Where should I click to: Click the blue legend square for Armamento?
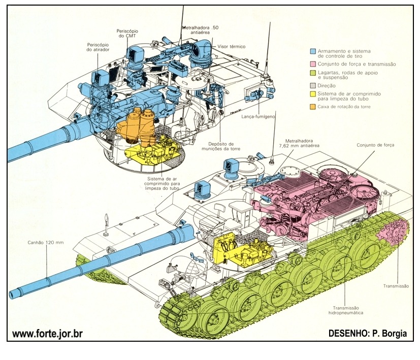tap(313, 51)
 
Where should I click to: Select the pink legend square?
tap(313, 64)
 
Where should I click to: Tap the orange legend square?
tap(313, 107)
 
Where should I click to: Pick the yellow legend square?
tap(313, 94)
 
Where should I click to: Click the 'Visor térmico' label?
tap(231, 46)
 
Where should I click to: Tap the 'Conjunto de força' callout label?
tap(375, 145)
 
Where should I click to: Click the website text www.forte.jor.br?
tap(47, 334)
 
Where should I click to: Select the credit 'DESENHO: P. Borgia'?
tap(368, 334)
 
